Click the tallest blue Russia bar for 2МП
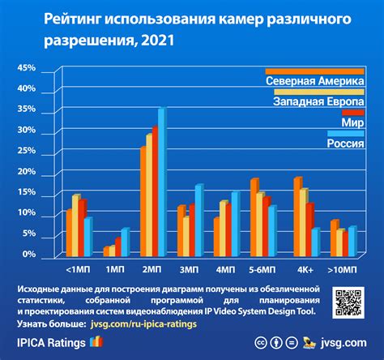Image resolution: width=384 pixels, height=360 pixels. pyautogui.click(x=161, y=182)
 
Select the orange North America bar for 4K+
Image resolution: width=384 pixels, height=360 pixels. pyautogui.click(x=297, y=216)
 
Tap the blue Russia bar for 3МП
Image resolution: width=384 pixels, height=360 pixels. pyautogui.click(x=198, y=220)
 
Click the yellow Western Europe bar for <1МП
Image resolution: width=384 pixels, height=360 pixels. pyautogui.click(x=76, y=225)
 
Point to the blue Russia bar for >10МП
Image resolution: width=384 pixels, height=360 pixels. pyautogui.click(x=352, y=241)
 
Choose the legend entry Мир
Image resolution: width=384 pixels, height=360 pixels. pyautogui.click(x=352, y=122)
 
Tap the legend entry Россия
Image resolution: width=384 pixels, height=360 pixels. pyautogui.click(x=344, y=144)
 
